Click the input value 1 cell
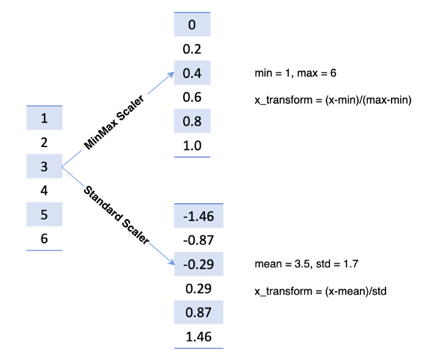tap(44, 118)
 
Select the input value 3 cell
tap(44, 166)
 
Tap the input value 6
tap(44, 239)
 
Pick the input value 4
tap(44, 190)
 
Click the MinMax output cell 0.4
tap(192, 73)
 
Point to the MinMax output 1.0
tap(192, 146)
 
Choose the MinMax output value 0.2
tap(192, 49)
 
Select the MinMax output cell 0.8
tap(192, 121)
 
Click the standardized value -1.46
tap(198, 216)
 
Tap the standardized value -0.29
tap(198, 264)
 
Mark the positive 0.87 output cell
tap(198, 312)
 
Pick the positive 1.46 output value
tap(198, 337)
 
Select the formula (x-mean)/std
tap(320, 292)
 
